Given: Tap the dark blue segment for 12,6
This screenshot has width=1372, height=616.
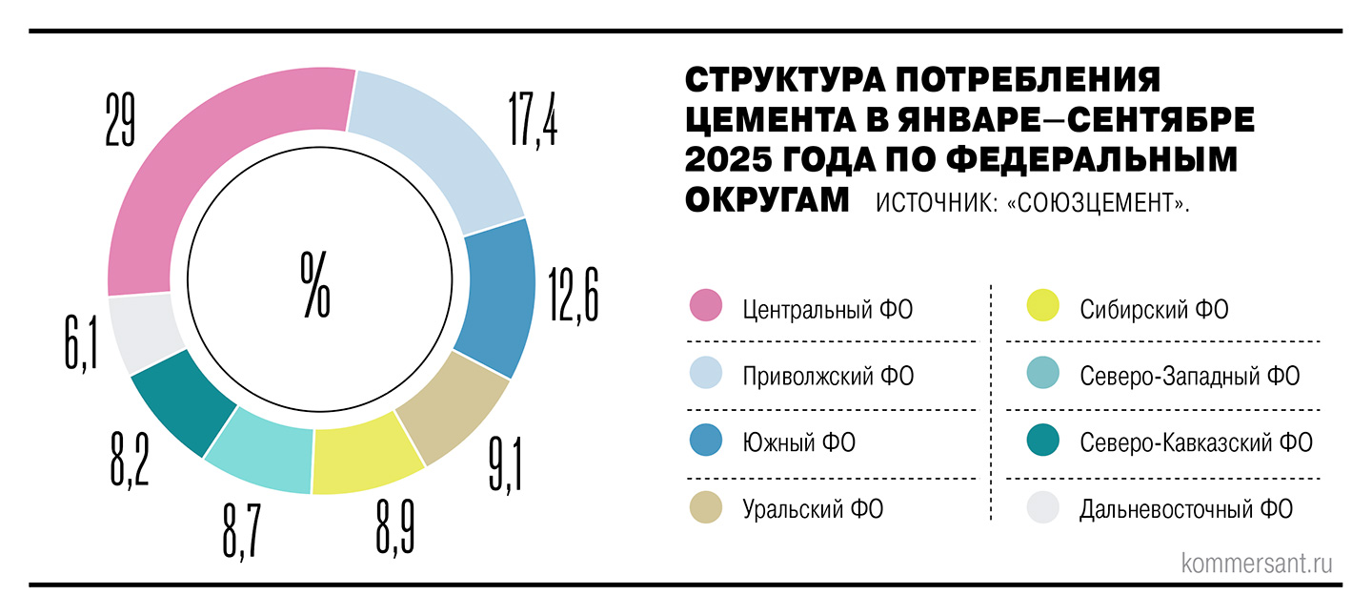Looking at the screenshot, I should pos(497,296).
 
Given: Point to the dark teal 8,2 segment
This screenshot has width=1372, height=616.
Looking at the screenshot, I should pos(181,400).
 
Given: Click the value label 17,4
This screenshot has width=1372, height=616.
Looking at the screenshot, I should pos(534,115).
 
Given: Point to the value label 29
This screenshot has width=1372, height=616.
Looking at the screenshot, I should pos(120,120).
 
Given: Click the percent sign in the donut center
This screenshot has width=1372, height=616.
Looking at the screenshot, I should pos(315,284).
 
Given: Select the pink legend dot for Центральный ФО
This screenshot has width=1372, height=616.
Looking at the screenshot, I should pos(705,309).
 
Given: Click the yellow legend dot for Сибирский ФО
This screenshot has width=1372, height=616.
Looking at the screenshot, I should pos(1043,309).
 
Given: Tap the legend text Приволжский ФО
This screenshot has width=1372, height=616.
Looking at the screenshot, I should pos(828,376).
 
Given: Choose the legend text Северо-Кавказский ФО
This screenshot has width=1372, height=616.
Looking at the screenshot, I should pos(1196,442).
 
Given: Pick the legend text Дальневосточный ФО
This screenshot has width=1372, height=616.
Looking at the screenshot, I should pos(1186,509).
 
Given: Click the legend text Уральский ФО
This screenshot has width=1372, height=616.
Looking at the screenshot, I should pos(813,509).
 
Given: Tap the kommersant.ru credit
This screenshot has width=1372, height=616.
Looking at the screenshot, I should pos(1256,563).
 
